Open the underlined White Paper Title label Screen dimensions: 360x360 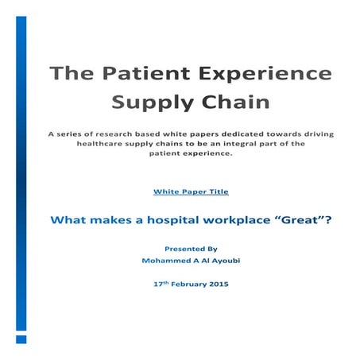point(189,192)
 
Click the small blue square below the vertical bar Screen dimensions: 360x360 point(21,338)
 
